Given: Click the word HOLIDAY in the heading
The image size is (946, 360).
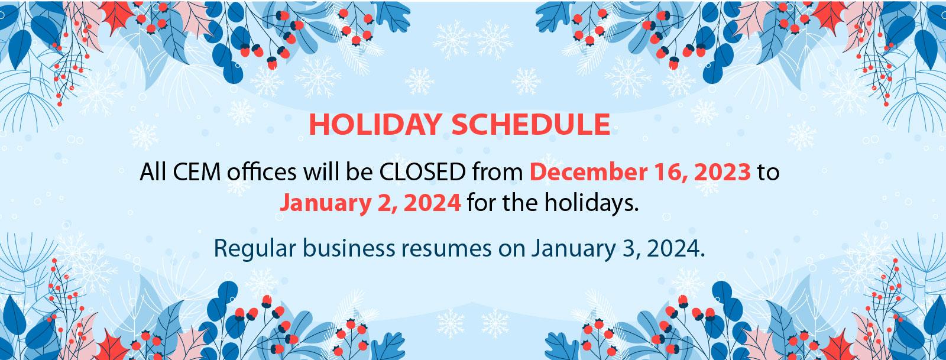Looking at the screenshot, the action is [375, 125].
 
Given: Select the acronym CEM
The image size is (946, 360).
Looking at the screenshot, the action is [197, 172].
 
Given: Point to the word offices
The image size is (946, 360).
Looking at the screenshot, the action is [261, 171].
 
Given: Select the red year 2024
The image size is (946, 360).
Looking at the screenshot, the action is [432, 203].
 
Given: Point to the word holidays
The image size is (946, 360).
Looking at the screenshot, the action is [591, 203].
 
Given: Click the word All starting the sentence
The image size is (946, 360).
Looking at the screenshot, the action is [153, 171].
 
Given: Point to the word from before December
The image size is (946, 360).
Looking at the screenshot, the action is [498, 171].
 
